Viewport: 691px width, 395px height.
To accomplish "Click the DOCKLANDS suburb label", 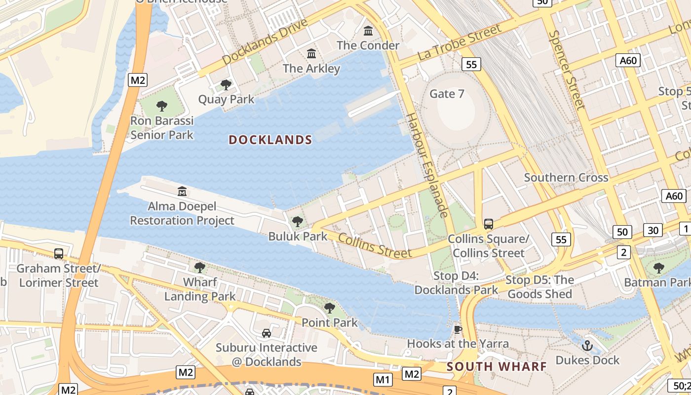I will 270,140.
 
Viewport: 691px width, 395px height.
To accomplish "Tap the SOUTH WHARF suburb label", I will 497,366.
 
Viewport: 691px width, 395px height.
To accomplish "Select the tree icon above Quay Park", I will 226,85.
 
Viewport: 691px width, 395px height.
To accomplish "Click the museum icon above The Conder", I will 368,31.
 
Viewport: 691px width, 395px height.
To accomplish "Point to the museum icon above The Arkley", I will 311,53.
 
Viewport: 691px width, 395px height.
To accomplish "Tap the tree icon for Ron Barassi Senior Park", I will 161,106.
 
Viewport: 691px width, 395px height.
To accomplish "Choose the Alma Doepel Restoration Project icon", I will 182,191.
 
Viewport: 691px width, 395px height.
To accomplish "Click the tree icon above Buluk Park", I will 298,222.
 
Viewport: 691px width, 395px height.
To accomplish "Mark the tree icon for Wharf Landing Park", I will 200,268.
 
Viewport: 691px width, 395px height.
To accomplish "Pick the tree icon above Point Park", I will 330,308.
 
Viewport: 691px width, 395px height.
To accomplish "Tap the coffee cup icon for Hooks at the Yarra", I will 458,329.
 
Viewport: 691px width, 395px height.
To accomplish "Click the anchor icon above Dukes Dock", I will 587,345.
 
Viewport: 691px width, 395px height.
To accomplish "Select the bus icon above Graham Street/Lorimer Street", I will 59,254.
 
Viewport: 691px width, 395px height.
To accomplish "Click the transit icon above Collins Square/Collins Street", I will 489,224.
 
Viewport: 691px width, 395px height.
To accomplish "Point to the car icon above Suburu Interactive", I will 267,333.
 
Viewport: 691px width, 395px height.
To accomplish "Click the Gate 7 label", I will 447,94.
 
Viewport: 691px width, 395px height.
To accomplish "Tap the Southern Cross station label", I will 566,178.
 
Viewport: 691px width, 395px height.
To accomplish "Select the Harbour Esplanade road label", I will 426,165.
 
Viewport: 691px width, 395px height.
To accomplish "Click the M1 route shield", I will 383,379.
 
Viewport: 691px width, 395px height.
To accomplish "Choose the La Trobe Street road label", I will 460,42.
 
